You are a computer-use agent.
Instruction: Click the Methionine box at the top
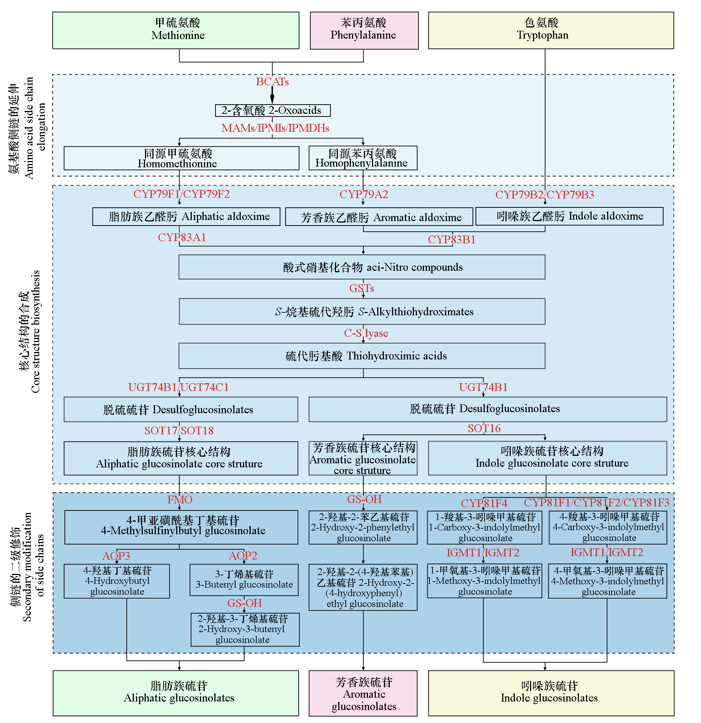pos(176,30)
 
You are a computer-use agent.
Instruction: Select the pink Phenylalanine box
pos(364,30)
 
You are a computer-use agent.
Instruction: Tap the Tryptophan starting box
pos(551,30)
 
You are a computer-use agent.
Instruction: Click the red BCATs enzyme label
pos(272,82)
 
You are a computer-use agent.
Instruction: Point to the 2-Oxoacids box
pos(273,111)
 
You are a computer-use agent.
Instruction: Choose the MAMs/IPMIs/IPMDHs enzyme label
pos(275,128)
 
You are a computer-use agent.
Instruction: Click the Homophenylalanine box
pos(363,158)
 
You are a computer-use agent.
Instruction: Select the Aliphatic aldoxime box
pos(186,217)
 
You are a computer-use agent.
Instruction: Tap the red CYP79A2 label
pos(364,194)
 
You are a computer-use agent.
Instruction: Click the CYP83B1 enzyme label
pos(452,240)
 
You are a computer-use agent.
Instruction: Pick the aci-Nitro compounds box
pos(362,267)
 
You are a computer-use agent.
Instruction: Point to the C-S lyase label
pos(366,333)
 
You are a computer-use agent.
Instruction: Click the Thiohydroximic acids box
pos(362,356)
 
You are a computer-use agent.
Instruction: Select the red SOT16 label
pos(484,428)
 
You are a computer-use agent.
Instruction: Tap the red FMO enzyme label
pos(180,500)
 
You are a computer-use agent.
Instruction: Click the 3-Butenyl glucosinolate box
pos(244,580)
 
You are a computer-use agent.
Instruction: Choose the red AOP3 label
pos(116,556)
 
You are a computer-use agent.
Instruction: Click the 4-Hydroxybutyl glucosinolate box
pos(117,581)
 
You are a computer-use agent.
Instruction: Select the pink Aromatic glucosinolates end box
pos(363,693)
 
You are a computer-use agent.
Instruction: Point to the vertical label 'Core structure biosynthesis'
pos(36,331)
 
